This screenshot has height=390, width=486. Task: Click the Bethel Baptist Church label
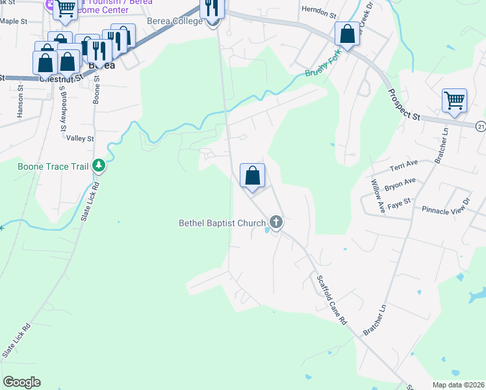click(222, 224)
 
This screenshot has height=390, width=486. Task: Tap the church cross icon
click(276, 223)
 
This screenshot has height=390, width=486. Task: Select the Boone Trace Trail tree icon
click(98, 166)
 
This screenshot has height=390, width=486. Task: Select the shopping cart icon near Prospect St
click(454, 101)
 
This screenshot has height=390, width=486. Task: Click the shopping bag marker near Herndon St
click(348, 34)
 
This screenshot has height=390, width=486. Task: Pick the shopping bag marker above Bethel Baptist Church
click(252, 175)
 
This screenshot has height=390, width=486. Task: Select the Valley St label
click(81, 138)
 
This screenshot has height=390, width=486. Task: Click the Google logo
click(22, 382)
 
